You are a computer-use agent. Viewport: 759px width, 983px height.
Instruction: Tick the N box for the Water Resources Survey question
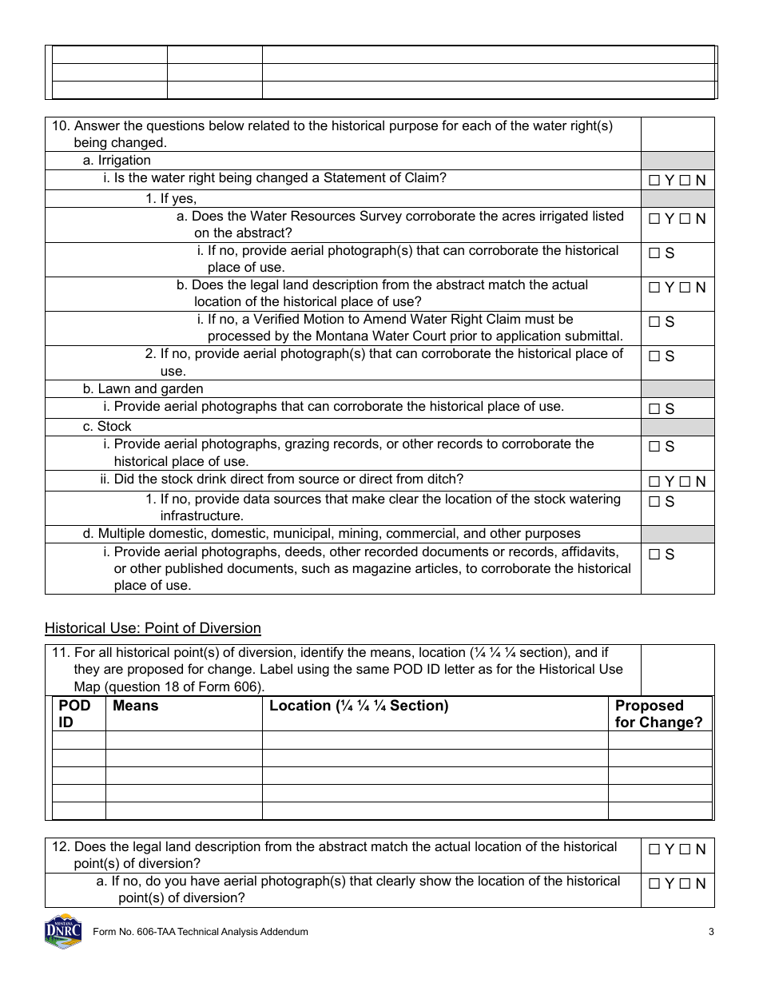click(685, 219)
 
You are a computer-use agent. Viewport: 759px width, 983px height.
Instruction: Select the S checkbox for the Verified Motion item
click(654, 322)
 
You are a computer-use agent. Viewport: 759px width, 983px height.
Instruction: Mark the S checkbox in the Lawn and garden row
click(654, 409)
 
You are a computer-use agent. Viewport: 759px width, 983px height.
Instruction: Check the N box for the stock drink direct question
click(685, 482)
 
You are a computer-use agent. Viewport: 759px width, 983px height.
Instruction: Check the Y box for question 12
click(654, 850)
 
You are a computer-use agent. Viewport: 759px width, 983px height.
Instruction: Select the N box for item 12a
click(685, 884)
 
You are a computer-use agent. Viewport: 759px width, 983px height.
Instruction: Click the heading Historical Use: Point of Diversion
click(153, 628)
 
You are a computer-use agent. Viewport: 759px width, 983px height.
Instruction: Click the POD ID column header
click(75, 714)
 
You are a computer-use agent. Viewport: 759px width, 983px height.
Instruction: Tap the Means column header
click(136, 706)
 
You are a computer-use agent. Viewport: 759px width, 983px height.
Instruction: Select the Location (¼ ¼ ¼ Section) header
click(359, 706)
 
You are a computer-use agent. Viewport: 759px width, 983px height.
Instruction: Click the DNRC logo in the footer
click(63, 931)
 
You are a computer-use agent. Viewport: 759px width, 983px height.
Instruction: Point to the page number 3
click(710, 932)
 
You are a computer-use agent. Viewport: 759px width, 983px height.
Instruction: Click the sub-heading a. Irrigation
click(117, 161)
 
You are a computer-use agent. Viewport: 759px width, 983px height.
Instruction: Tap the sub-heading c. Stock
click(107, 427)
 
